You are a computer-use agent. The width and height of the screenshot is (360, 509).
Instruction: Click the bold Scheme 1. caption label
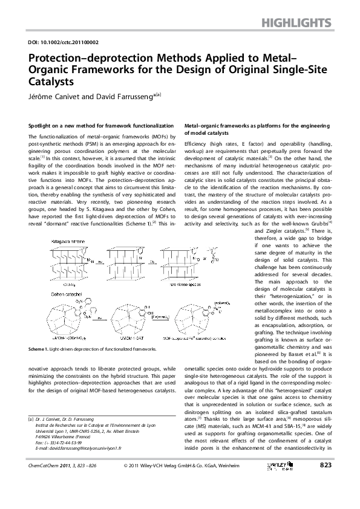(x=40, y=349)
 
